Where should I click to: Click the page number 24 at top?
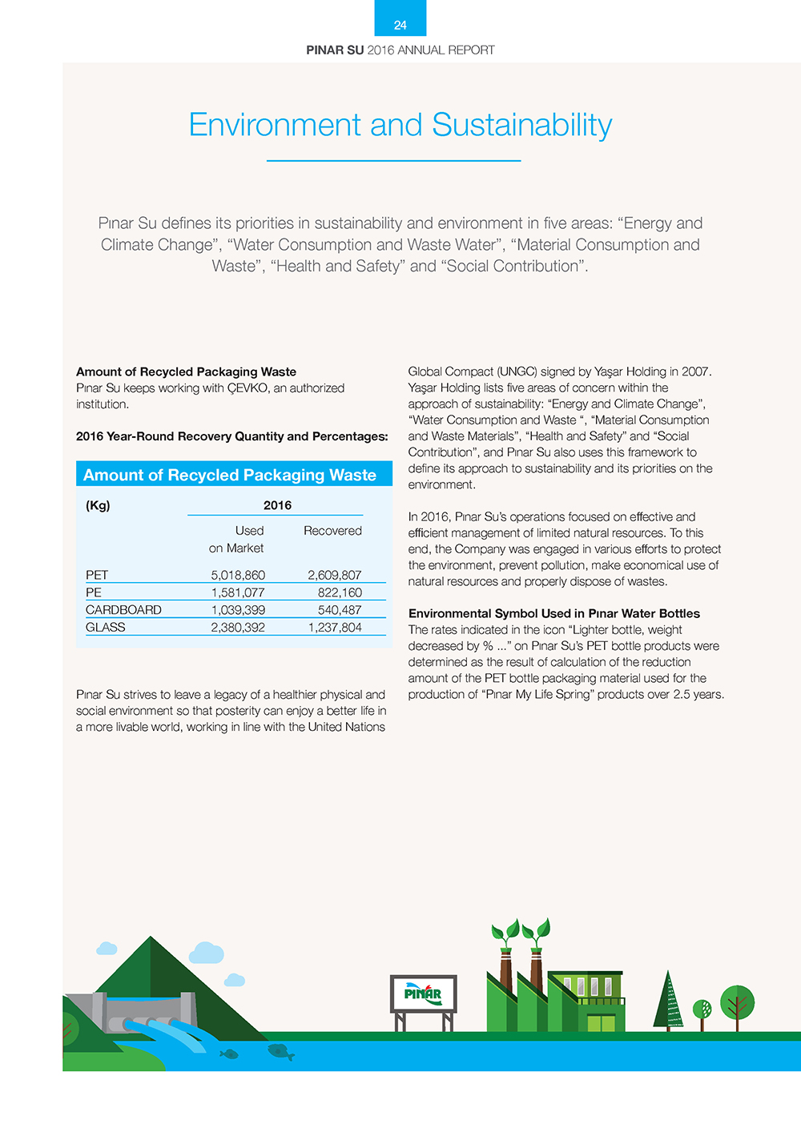point(400,26)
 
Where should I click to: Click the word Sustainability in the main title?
point(521,125)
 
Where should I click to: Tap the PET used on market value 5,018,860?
point(238,575)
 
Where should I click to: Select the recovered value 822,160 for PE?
point(340,592)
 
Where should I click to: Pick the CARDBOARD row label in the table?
point(123,610)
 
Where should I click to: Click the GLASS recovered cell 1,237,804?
point(335,628)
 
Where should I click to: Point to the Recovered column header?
point(332,531)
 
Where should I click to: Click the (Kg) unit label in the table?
point(98,505)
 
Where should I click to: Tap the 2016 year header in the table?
point(277,505)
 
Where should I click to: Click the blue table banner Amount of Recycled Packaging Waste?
point(230,475)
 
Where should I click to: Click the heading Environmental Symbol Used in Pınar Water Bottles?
point(553,613)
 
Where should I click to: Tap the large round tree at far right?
point(737,1002)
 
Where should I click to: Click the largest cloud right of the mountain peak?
point(206,953)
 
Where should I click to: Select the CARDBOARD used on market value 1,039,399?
point(238,610)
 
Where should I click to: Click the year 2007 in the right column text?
point(696,371)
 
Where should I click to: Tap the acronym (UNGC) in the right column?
point(517,371)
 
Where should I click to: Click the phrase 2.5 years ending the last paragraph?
point(698,694)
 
